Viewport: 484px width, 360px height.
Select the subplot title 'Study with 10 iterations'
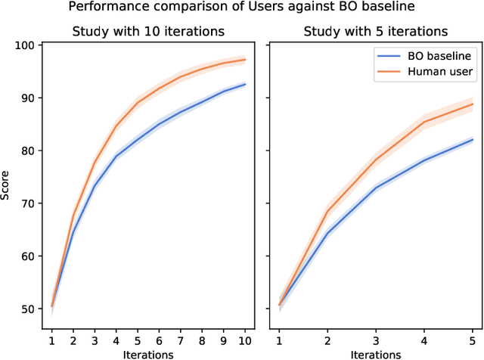(147, 32)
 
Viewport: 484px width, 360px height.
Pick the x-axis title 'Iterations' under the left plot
(147, 353)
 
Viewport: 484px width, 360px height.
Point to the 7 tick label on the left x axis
(181, 340)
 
